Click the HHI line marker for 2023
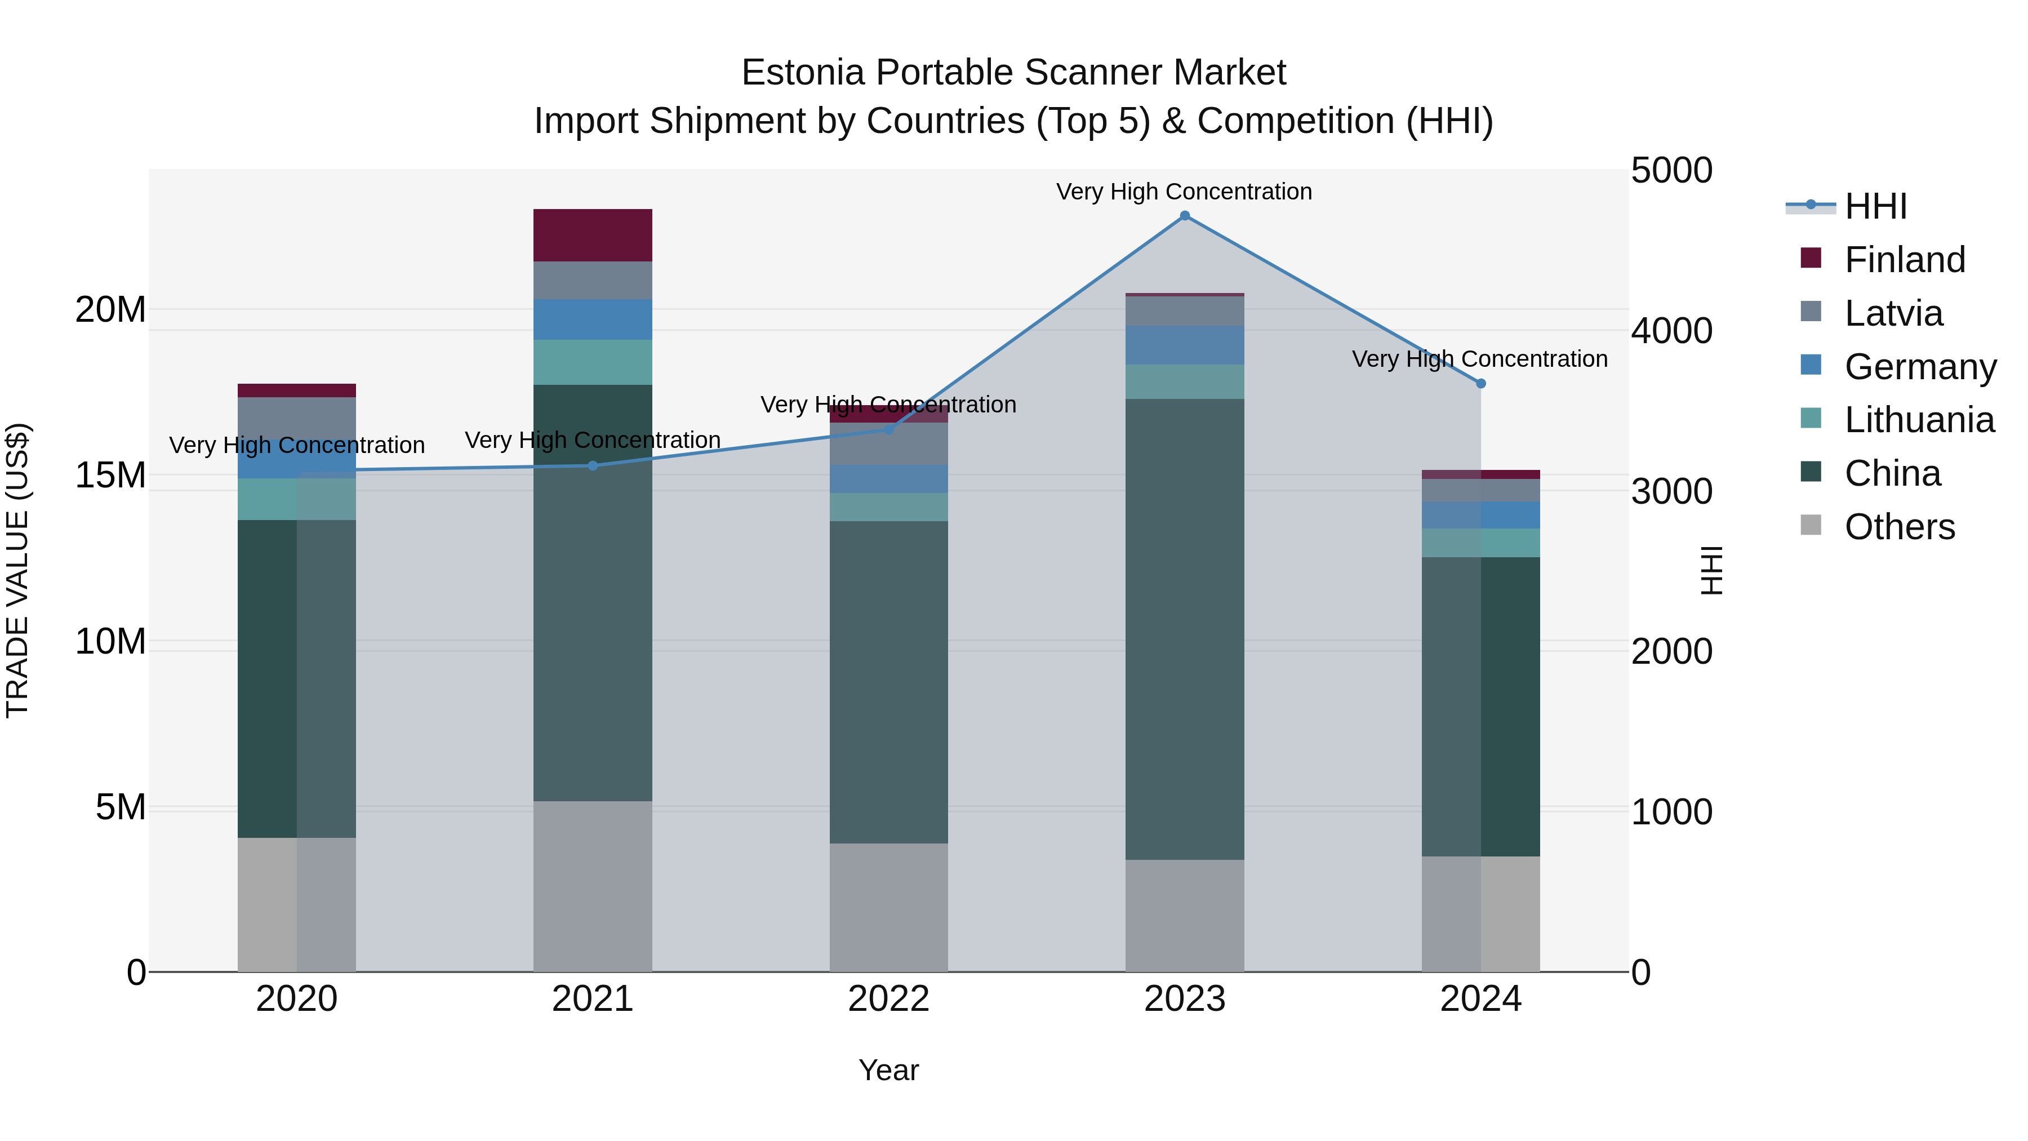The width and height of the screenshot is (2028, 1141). (x=1184, y=216)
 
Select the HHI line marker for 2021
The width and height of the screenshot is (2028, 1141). (x=593, y=465)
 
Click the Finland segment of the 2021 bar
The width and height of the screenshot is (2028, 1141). (x=593, y=236)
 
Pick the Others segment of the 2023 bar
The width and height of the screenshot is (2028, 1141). (x=1184, y=915)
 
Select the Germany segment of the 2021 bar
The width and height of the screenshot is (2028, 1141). (x=593, y=319)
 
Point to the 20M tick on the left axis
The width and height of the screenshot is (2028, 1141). (x=110, y=309)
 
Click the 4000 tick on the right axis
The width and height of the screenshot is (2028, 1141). (x=1671, y=331)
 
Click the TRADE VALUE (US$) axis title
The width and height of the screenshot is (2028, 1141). (x=17, y=570)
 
